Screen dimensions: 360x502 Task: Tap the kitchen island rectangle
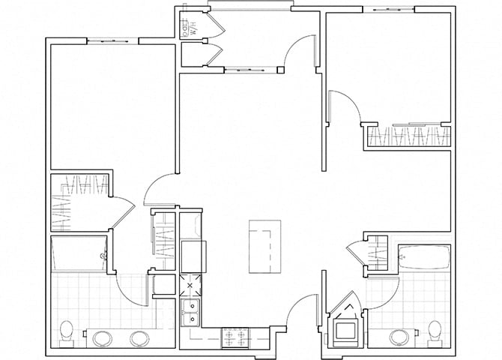coord(265,247)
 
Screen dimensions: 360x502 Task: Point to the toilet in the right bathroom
coord(434,331)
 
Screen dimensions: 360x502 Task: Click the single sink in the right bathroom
coord(399,336)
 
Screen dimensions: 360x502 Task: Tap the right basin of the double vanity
coord(139,338)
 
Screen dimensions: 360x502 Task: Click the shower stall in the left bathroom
coord(79,255)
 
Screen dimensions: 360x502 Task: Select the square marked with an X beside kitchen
coord(190,286)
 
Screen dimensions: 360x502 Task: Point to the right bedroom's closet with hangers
coord(408,137)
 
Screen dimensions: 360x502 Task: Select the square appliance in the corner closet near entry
coord(347,329)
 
